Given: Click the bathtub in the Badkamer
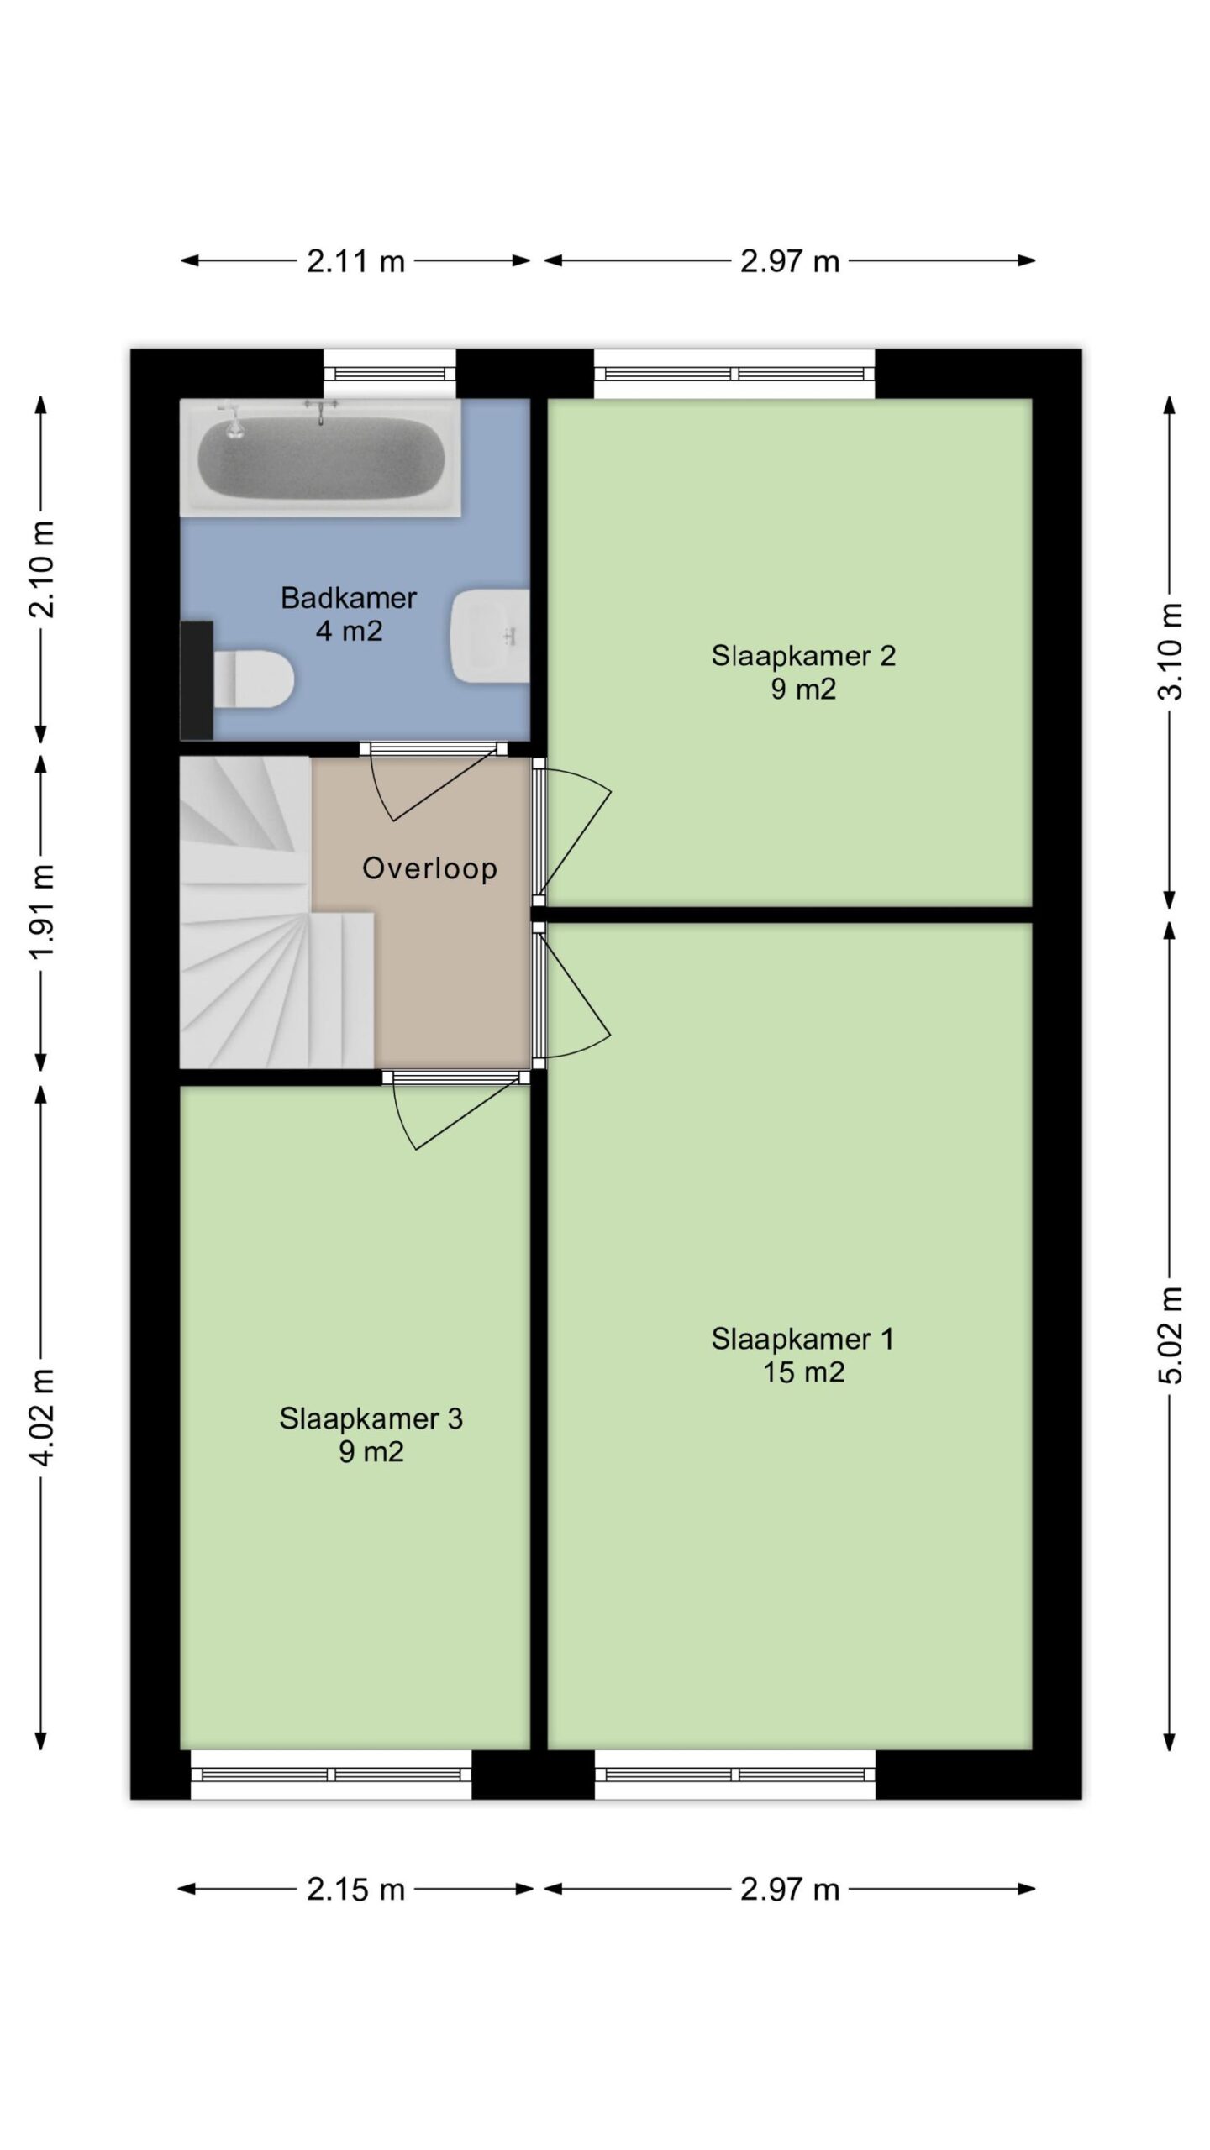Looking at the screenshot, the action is [x=320, y=457].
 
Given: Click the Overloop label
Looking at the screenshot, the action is [x=429, y=868].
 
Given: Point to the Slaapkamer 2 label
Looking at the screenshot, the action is [x=803, y=655].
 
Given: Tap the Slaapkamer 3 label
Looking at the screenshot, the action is [x=371, y=1418].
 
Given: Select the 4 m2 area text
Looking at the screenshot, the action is [x=349, y=631].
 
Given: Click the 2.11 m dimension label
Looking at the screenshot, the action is [x=355, y=261].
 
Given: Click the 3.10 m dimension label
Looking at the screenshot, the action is [x=1171, y=651].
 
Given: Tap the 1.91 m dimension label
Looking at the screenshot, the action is [x=42, y=910].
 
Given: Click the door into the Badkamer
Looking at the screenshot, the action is [x=433, y=781].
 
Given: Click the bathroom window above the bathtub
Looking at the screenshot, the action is [x=390, y=374].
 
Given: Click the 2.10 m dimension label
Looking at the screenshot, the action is [x=42, y=569].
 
